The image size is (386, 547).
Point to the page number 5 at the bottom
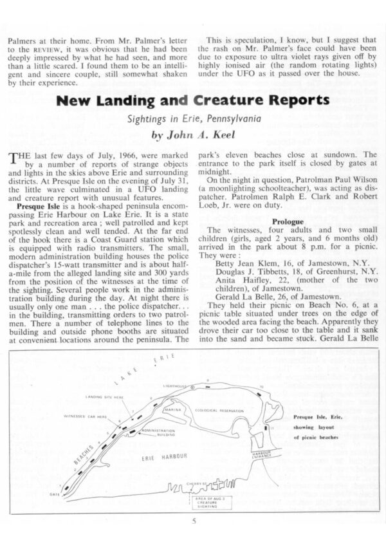tap(192, 522)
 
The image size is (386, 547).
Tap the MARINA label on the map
tap(172, 409)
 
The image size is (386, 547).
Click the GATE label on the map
tap(55, 494)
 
